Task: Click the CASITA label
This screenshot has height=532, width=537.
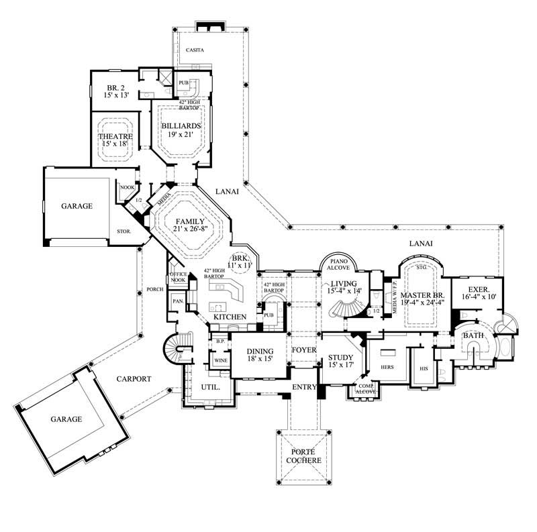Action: (195, 50)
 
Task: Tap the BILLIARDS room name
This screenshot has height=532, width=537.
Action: (181, 125)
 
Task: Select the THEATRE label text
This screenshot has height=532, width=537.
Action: (116, 136)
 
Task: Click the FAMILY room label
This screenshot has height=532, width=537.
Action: (189, 221)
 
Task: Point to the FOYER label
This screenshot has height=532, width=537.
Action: (303, 350)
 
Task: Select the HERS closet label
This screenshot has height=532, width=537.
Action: (387, 368)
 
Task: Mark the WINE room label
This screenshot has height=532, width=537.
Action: (220, 360)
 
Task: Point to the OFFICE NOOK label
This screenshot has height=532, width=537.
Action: (178, 277)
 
